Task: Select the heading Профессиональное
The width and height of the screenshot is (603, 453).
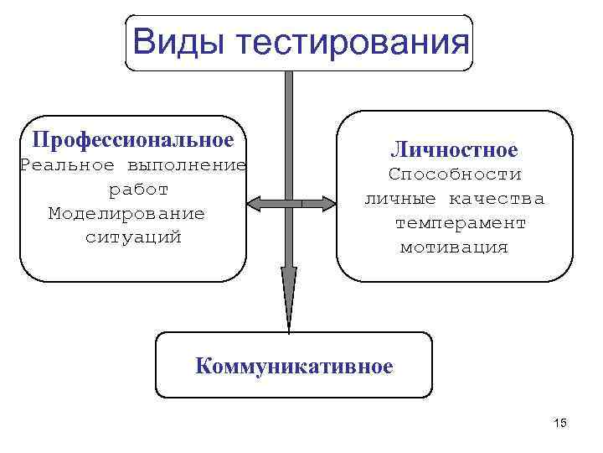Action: click(x=132, y=137)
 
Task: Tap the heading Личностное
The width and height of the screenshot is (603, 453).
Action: click(x=454, y=150)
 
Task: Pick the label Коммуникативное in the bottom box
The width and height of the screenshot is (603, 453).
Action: click(x=293, y=366)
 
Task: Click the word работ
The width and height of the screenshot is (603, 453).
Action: click(x=139, y=189)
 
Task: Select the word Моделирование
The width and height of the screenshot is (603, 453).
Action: click(x=126, y=213)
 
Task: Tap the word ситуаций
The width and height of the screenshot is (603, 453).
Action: click(x=133, y=237)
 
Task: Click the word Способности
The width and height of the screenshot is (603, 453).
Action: click(x=455, y=174)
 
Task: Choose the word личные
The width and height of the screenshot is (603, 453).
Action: click(x=399, y=199)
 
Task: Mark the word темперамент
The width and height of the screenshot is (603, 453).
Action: click(x=461, y=223)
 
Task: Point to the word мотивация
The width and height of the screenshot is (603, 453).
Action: click(x=454, y=247)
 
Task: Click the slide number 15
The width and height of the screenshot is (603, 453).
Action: click(x=560, y=423)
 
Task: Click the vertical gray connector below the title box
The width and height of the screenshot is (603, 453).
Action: click(x=288, y=126)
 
